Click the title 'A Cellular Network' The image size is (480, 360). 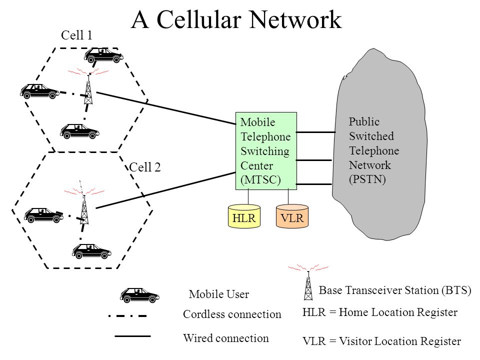[x=236, y=19]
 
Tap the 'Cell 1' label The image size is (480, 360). [x=76, y=35]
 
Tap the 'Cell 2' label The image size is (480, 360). [x=145, y=167]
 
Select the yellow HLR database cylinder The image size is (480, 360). [x=244, y=216]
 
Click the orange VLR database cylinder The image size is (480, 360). [x=292, y=216]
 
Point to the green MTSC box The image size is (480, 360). [x=266, y=151]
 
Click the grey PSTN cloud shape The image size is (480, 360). [x=379, y=144]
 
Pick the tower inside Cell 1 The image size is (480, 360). [x=88, y=89]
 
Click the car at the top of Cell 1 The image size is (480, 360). [x=104, y=55]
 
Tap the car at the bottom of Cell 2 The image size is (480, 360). [x=91, y=251]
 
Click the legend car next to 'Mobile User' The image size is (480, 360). [x=139, y=295]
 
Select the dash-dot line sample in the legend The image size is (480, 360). [x=128, y=315]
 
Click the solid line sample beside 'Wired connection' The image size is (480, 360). [x=132, y=336]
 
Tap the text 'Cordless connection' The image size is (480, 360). [x=232, y=314]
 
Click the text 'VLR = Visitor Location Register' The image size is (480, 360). [x=381, y=341]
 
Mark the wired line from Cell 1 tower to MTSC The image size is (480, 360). [x=166, y=108]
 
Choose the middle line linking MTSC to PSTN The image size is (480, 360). [x=314, y=160]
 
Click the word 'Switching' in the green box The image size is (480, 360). [x=265, y=151]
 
